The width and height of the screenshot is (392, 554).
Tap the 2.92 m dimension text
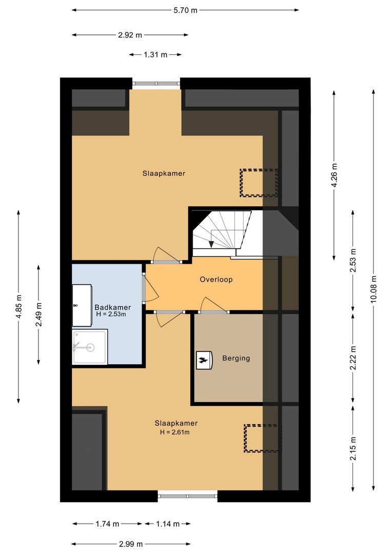[x=130, y=35]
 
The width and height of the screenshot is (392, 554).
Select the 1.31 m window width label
[x=155, y=54]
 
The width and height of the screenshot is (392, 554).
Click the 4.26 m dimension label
[x=335, y=175]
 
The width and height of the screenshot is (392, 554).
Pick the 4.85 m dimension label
[x=19, y=306]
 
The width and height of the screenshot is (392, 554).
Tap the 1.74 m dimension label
[x=107, y=524]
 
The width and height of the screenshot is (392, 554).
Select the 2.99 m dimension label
[x=130, y=544]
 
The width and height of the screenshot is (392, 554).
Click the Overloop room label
[x=216, y=280]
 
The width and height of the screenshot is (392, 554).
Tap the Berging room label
[x=236, y=358]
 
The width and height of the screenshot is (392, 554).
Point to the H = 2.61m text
[x=176, y=432]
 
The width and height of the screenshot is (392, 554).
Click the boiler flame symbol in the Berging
[x=204, y=360]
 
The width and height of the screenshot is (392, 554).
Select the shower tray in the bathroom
[x=90, y=347]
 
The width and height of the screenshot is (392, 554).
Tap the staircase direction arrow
[x=212, y=243]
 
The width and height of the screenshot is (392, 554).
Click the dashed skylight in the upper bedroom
[x=259, y=183]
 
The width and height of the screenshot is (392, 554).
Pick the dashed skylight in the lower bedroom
[x=262, y=438]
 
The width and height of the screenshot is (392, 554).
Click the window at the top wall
[x=156, y=83]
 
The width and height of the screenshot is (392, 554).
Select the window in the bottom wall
[x=187, y=496]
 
